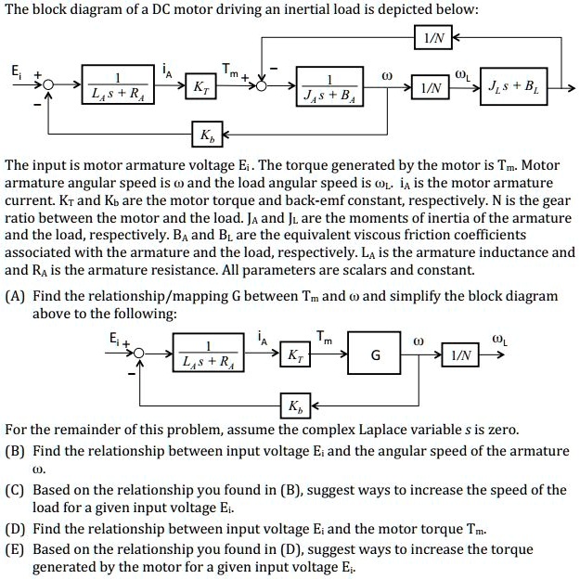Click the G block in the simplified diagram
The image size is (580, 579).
[375, 355]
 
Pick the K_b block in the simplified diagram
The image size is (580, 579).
[294, 406]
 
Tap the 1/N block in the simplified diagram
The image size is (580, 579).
[461, 355]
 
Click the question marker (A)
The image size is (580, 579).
[16, 296]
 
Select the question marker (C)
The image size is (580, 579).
[16, 490]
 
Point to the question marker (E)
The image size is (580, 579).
[16, 549]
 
